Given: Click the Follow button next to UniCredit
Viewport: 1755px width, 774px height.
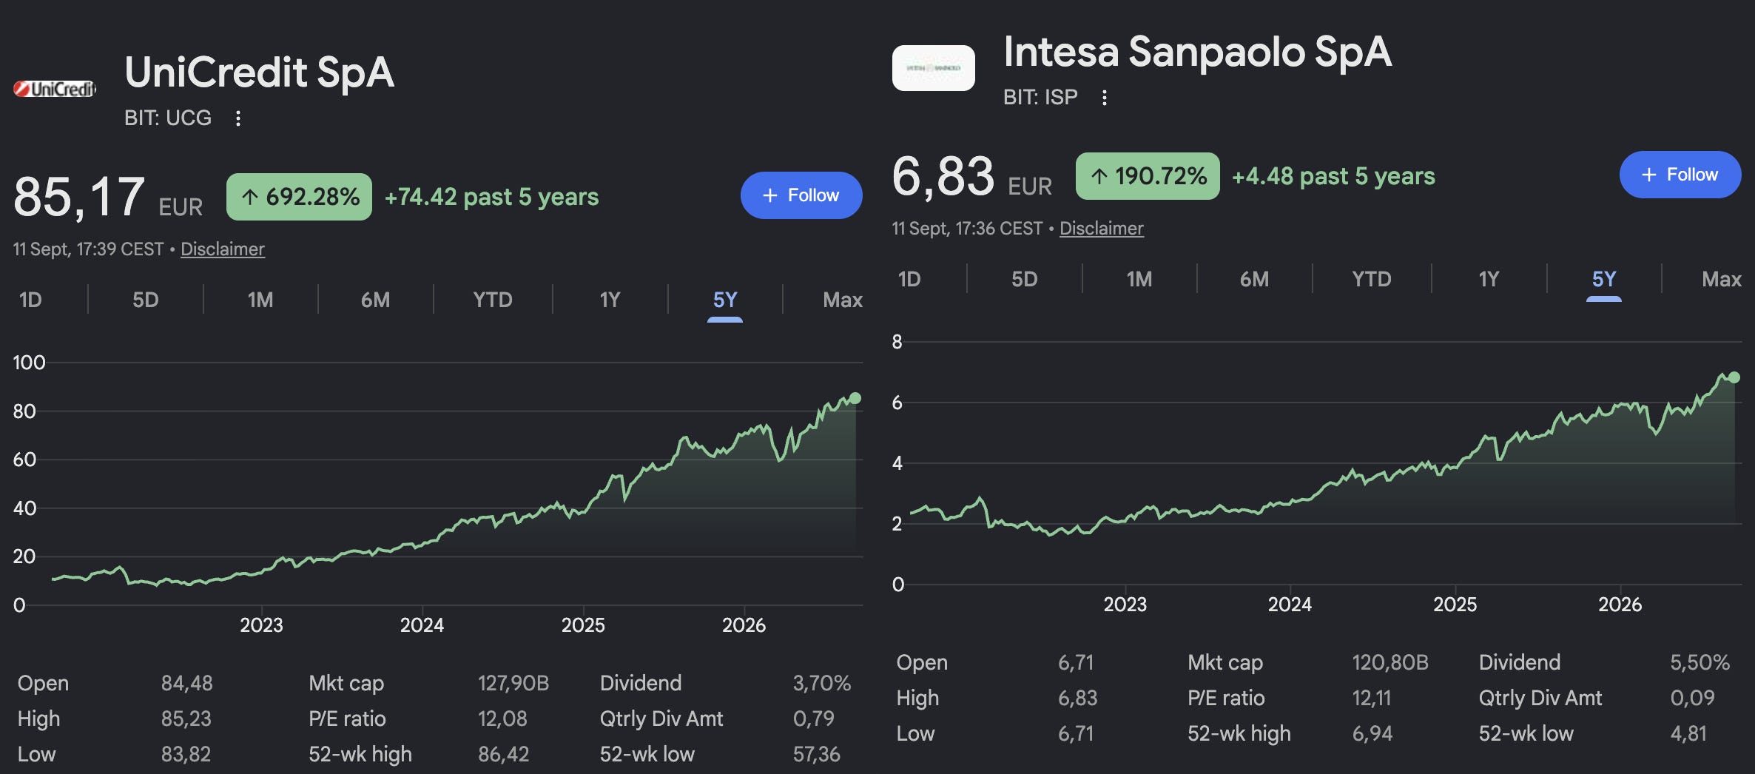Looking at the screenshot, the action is [x=801, y=195].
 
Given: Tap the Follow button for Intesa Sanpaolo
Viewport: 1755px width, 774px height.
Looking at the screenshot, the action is [x=1680, y=175].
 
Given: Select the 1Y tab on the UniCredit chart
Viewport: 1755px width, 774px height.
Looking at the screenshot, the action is [x=610, y=300].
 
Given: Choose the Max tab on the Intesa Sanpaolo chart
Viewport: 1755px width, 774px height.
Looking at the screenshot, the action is [x=1721, y=279].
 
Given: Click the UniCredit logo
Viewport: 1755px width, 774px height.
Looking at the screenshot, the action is [x=55, y=89].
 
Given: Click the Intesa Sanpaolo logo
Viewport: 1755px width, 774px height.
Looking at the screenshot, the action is [x=934, y=68].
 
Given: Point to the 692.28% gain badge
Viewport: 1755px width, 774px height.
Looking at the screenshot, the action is [x=299, y=197].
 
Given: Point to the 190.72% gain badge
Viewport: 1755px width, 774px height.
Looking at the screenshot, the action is [x=1148, y=176].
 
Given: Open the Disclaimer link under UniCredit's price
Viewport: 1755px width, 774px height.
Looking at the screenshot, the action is [x=223, y=249].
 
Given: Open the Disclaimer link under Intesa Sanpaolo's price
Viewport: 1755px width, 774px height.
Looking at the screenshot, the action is [x=1102, y=229].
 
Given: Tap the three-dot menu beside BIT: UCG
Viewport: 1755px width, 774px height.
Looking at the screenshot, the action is [x=238, y=118].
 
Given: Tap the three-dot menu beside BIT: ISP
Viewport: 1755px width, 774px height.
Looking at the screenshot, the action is [x=1105, y=98].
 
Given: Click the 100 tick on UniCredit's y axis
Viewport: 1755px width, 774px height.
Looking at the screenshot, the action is [x=29, y=363].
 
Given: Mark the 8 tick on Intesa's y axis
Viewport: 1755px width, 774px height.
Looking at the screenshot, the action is [x=897, y=342].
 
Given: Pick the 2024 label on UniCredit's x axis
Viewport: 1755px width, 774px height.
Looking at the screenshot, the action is [x=422, y=625].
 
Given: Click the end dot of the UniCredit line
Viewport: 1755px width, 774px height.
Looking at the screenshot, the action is [x=855, y=398].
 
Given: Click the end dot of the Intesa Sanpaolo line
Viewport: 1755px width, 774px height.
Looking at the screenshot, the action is [x=1734, y=377].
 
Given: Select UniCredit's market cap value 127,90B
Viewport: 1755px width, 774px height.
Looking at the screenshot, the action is [x=513, y=683].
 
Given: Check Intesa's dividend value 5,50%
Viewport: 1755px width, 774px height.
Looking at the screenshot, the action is [x=1700, y=662].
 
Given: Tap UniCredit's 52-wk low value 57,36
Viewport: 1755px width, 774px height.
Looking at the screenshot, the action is [x=816, y=754].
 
